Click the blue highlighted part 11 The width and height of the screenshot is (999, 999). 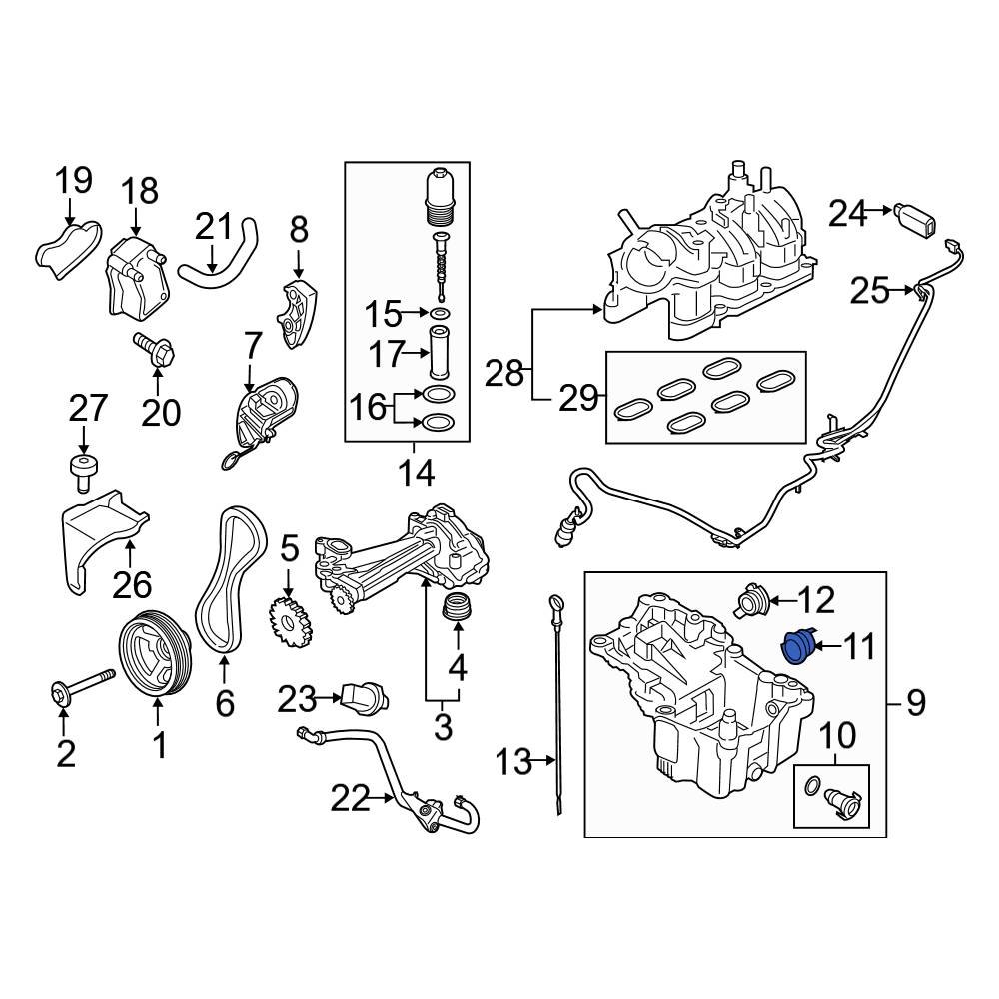tap(797, 647)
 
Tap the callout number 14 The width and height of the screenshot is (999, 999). tap(418, 472)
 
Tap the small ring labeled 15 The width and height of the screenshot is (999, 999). tap(441, 315)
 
